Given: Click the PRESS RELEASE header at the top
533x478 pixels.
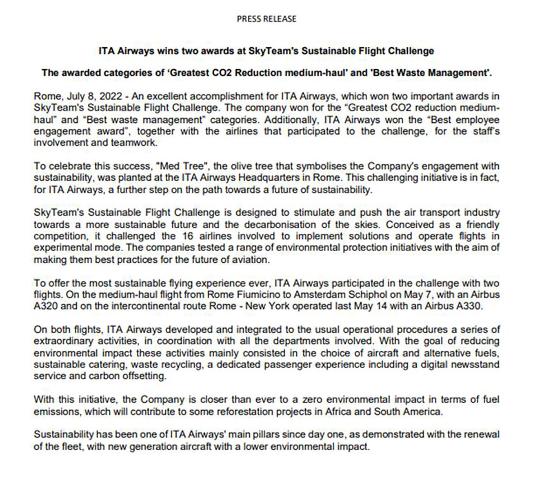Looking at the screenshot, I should pos(266,19).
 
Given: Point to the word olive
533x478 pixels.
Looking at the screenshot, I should pos(242,166).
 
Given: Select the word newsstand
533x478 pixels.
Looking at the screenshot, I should pos(476,365).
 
